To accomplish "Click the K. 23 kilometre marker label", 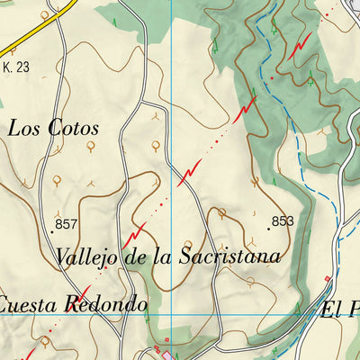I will (16, 66).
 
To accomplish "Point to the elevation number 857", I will (67, 224).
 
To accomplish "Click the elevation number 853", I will (282, 220).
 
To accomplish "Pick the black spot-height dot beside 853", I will (267, 228).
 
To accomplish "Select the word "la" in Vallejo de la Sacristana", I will (162, 256).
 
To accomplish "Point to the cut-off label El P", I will (340, 310).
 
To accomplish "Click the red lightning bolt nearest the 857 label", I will (138, 231).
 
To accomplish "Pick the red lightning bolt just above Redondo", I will (81, 292).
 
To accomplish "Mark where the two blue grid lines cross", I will (171, 314).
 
